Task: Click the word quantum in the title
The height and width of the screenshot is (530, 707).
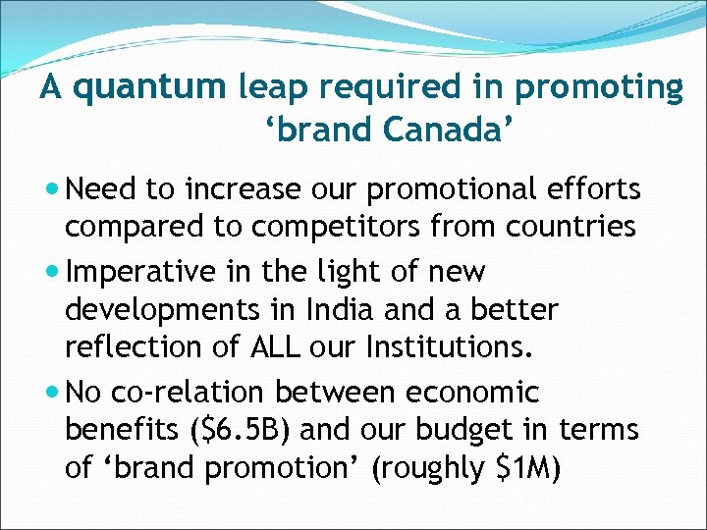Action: [148, 88]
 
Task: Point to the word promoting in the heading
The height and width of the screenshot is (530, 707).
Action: [599, 88]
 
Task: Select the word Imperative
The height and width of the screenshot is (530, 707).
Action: [138, 271]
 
